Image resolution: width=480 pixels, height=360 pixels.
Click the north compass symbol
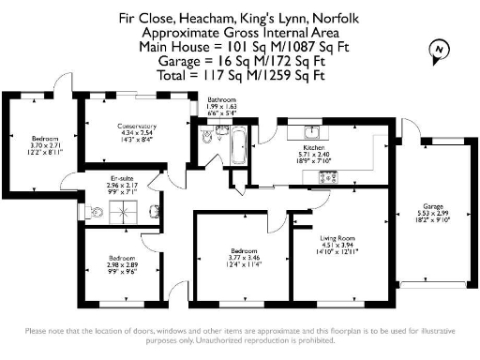(x=436, y=49)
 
